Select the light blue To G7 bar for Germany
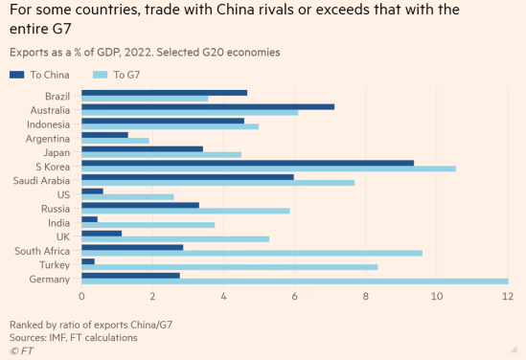click(295, 281)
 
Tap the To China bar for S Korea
click(248, 162)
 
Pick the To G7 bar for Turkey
click(230, 267)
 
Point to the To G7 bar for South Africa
click(252, 253)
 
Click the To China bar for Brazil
click(165, 93)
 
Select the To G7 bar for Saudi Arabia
click(218, 183)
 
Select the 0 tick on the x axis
click(82, 298)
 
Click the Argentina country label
click(47, 139)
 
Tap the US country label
click(63, 194)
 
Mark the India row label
click(58, 222)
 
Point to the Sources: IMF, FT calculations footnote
click(73, 336)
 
